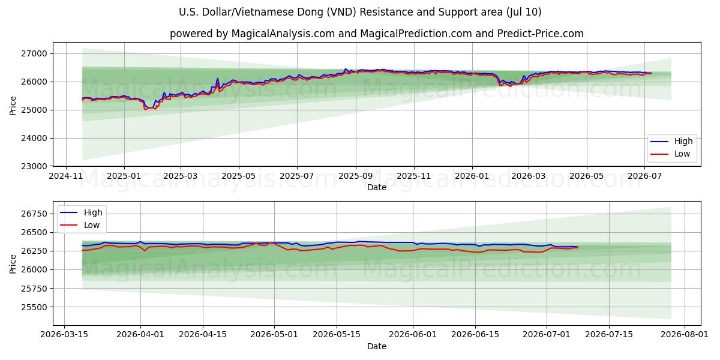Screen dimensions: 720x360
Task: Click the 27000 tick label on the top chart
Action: (x=34, y=53)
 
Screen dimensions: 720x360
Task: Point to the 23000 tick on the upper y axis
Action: (x=34, y=167)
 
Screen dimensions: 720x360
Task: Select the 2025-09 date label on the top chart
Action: (x=355, y=176)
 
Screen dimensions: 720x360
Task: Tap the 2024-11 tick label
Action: (x=66, y=176)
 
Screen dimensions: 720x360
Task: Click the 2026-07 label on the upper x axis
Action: (x=645, y=176)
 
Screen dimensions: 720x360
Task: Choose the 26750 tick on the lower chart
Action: (x=34, y=214)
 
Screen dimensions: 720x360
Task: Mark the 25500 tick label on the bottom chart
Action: (x=34, y=307)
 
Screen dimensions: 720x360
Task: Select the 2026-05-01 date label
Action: (x=274, y=335)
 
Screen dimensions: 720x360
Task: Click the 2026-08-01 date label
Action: (x=685, y=335)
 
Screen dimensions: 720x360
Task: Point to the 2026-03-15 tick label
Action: (x=64, y=335)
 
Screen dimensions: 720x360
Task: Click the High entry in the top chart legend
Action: (x=683, y=142)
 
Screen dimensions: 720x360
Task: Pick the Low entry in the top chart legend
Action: (x=682, y=154)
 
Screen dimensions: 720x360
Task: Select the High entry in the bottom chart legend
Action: (x=93, y=212)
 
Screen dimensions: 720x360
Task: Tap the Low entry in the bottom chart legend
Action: (x=92, y=226)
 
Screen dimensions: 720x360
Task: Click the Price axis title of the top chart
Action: (x=13, y=106)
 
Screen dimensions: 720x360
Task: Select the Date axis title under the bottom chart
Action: (x=377, y=347)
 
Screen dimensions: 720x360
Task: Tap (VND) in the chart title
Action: (x=341, y=12)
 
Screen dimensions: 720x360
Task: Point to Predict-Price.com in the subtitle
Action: (x=541, y=34)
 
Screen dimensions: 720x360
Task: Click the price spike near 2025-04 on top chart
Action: (x=218, y=79)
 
